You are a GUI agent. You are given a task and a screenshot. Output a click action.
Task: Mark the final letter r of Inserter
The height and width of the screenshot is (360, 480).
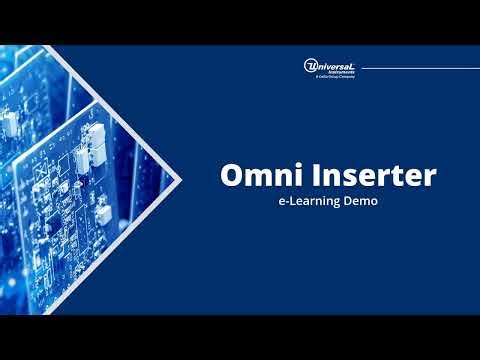pos(431,178)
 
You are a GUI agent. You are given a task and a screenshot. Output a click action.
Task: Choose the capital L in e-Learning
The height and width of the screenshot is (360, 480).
pos(296,202)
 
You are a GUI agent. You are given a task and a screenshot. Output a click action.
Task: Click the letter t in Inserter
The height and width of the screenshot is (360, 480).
pos(397,177)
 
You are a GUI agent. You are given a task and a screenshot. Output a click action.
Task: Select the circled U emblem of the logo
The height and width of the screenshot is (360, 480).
pos(311,66)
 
